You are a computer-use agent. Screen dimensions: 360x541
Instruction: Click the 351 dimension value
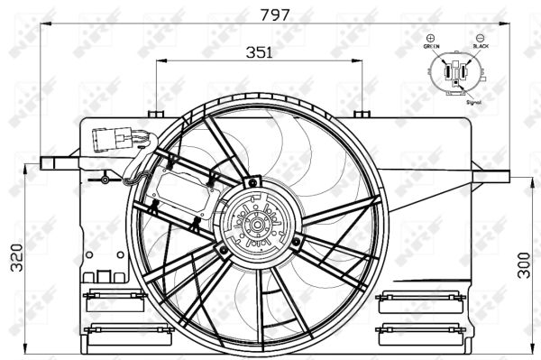click(259, 52)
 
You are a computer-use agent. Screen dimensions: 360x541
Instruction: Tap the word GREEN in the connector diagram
click(431, 46)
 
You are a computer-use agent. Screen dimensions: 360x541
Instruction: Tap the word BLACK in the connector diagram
click(480, 46)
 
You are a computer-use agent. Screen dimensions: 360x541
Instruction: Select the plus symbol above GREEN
click(430, 37)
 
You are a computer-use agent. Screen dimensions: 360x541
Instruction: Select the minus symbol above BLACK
click(480, 37)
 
